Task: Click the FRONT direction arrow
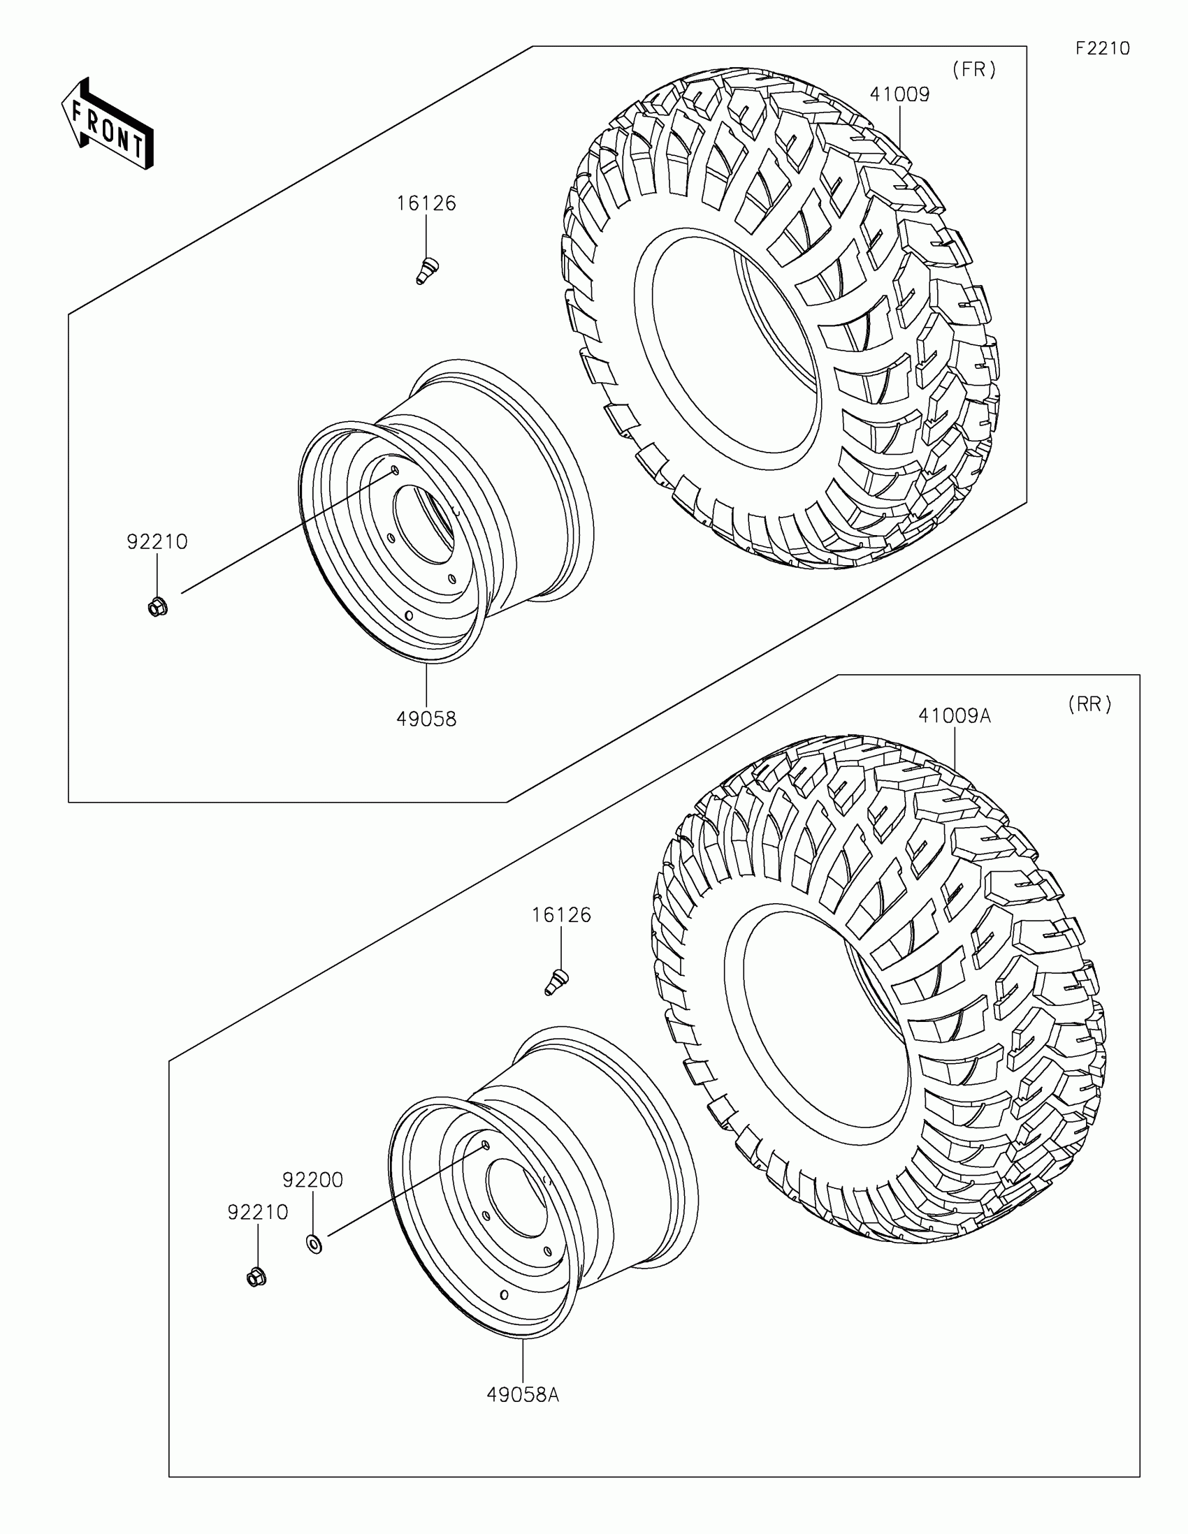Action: [x=108, y=124]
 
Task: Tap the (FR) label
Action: [x=974, y=70]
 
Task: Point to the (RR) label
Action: [x=1089, y=705]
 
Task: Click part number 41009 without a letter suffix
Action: [x=900, y=94]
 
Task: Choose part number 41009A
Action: [x=954, y=716]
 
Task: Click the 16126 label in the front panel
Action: [x=426, y=204]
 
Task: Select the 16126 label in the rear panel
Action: [x=561, y=915]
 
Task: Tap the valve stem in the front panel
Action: [x=426, y=270]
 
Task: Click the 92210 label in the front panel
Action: [x=157, y=541]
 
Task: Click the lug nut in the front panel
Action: [x=157, y=606]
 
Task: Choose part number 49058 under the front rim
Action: [x=426, y=719]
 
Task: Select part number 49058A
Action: [x=523, y=1395]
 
